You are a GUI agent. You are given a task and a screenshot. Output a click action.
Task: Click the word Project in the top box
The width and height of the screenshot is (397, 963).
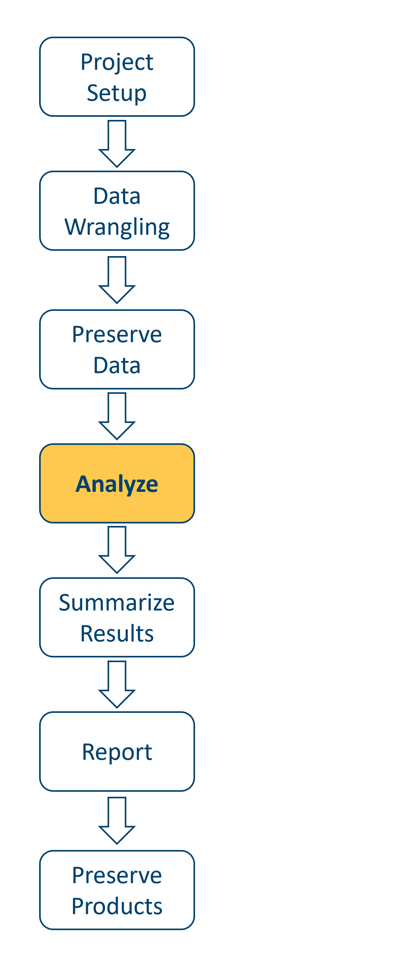coord(117,62)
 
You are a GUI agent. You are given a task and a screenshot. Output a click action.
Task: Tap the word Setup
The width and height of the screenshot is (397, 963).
coord(117,93)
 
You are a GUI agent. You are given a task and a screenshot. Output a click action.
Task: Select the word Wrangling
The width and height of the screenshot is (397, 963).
coord(117,227)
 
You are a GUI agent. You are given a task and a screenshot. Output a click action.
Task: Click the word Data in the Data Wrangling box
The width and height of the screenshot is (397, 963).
coord(117,196)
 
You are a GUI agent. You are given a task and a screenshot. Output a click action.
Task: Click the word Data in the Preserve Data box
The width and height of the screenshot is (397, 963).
coord(117,365)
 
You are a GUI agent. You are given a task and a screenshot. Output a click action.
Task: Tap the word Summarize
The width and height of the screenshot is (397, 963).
coord(117,603)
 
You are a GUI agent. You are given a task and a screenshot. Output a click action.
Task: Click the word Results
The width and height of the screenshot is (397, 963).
coord(117,634)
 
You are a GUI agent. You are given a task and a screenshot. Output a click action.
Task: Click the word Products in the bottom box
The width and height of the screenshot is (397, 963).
coord(117,906)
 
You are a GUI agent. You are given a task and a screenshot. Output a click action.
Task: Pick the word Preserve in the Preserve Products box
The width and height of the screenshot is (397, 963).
coord(117,875)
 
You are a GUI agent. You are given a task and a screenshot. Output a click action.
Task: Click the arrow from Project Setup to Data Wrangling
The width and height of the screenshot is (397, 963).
coord(117,144)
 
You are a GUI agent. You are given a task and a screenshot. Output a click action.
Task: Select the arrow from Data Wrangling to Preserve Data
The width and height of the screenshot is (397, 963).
coord(117,280)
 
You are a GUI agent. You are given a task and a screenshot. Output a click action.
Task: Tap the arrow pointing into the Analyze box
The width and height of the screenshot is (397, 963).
coord(117,416)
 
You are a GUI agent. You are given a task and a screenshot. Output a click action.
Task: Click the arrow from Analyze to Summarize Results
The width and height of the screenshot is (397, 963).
coord(117,549)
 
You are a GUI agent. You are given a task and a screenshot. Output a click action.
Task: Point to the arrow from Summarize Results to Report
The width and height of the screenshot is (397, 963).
coord(117,684)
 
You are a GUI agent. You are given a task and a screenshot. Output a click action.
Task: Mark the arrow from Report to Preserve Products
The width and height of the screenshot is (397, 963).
coord(117,820)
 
